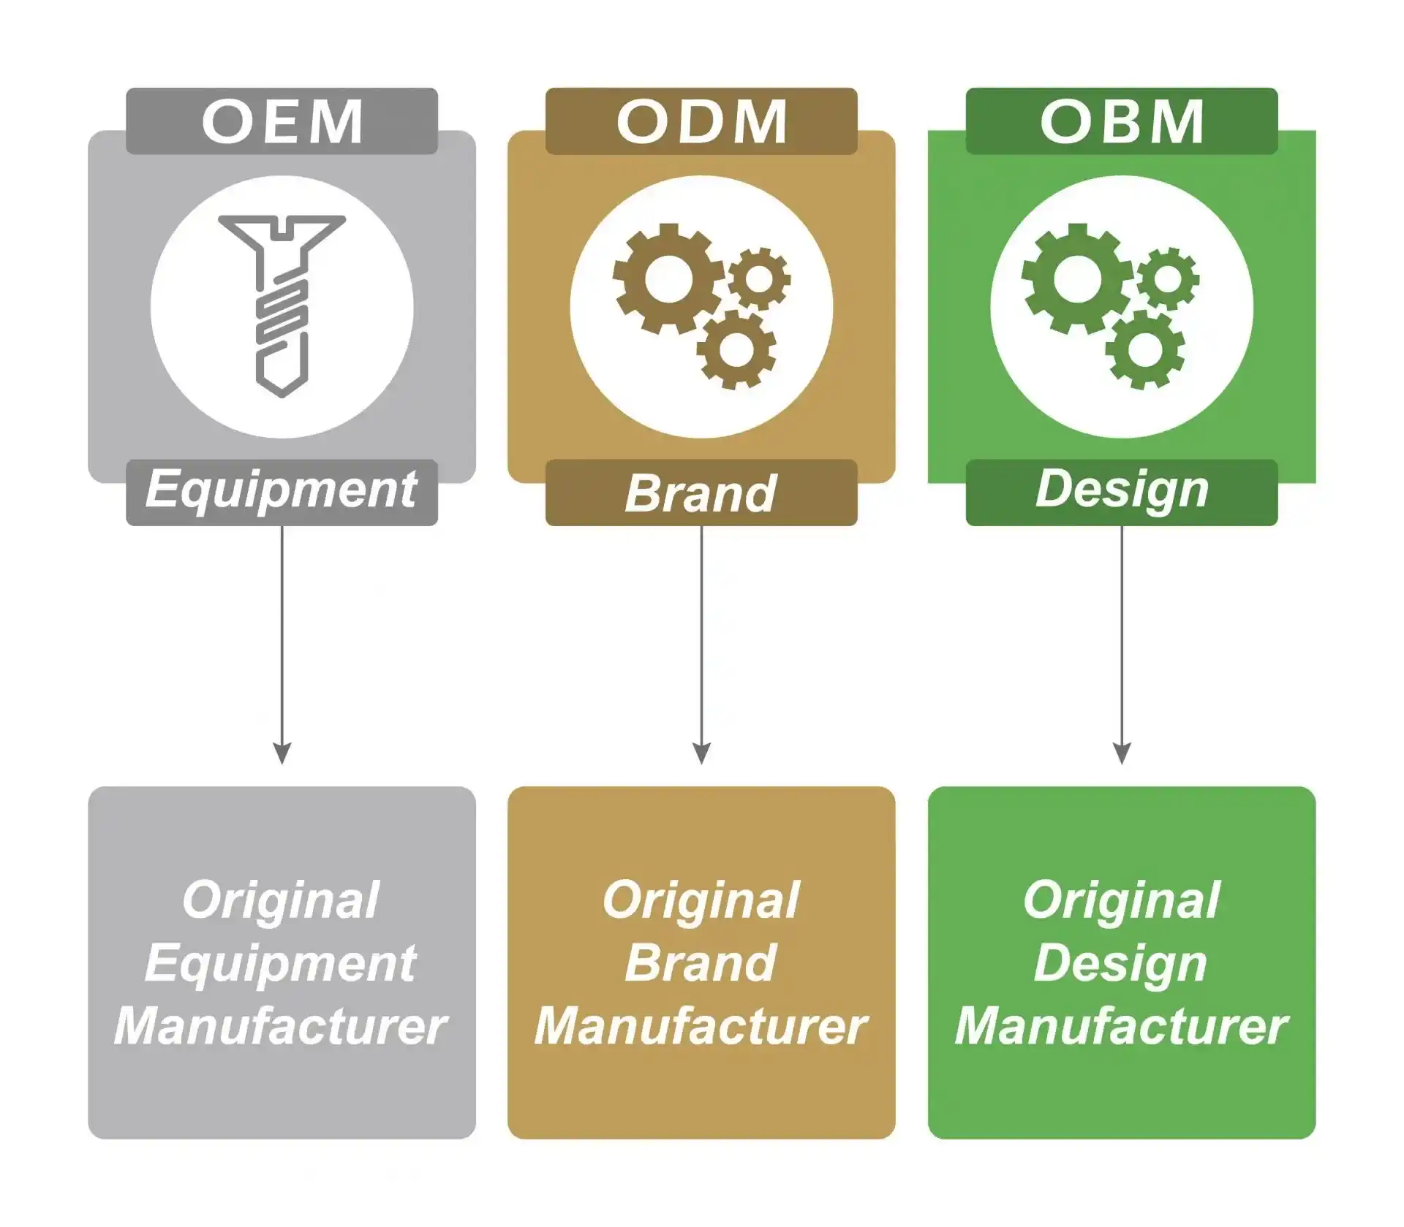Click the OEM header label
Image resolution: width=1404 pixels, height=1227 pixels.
[x=282, y=121]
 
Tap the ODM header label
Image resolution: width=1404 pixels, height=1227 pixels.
[x=701, y=121]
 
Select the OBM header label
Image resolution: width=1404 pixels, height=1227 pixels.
[x=1122, y=121]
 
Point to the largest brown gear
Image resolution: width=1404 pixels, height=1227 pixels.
[x=668, y=279]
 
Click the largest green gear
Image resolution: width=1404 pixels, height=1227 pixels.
[x=1076, y=279]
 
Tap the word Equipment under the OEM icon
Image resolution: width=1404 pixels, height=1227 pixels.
[x=282, y=491]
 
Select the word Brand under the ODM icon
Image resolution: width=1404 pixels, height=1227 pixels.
[x=701, y=494]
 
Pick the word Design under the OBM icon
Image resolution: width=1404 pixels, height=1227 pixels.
[x=1122, y=490]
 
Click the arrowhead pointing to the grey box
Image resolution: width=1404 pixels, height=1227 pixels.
[x=282, y=753]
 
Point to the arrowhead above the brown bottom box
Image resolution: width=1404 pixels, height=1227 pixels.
[x=701, y=753]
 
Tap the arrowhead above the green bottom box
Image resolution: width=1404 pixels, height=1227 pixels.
[x=1122, y=753]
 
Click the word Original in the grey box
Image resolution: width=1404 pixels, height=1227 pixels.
[x=281, y=900]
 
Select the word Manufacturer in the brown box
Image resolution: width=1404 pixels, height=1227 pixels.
[x=701, y=1027]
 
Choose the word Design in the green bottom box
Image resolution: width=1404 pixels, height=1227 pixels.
[x=1120, y=963]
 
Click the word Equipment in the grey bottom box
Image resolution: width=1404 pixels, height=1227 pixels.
[x=281, y=963]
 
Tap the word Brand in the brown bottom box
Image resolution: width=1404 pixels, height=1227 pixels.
[x=701, y=963]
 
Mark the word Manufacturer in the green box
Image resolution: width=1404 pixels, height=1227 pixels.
[x=1120, y=1027]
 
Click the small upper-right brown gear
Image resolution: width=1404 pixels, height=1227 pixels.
[x=759, y=278]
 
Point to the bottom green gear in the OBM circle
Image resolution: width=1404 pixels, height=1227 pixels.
[x=1144, y=349]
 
